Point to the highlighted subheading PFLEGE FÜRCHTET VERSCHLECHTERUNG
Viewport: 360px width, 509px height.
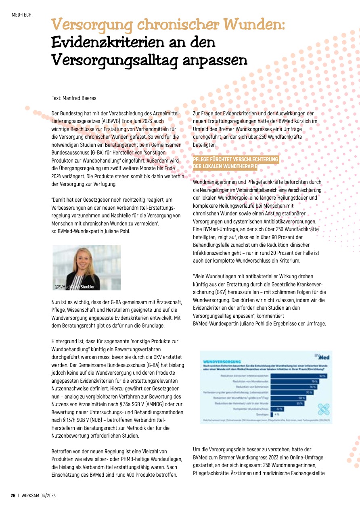click(x=236, y=159)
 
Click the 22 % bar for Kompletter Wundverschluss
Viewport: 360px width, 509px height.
click(x=278, y=409)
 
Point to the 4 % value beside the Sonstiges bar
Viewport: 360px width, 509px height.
click(x=276, y=414)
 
